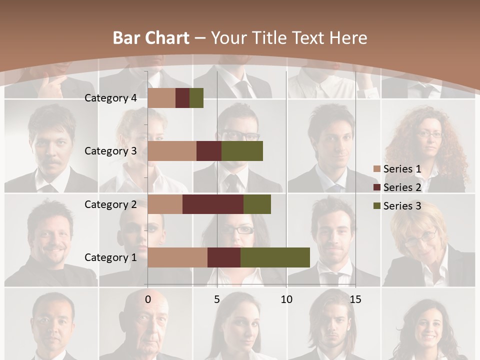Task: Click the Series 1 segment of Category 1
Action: pos(177,257)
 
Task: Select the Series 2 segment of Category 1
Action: pos(224,257)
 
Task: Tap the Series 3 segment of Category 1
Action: pos(275,257)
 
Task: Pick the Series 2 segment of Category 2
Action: pos(213,204)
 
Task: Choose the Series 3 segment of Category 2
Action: pos(257,204)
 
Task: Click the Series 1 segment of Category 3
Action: pos(172,151)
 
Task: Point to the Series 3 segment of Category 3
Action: pos(242,151)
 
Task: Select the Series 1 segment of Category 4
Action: pos(161,98)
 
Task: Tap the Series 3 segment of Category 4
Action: pos(196,98)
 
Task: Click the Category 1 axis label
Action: pos(110,257)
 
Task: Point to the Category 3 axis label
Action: pos(110,151)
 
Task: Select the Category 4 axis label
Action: pos(110,98)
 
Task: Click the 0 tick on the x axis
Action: pos(148,300)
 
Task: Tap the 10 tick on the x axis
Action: pos(286,300)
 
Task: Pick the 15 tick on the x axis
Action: pos(355,300)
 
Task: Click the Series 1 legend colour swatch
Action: pos(376,169)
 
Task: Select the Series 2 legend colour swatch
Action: pos(376,187)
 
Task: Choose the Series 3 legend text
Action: pos(402,206)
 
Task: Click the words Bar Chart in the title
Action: pos(150,38)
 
